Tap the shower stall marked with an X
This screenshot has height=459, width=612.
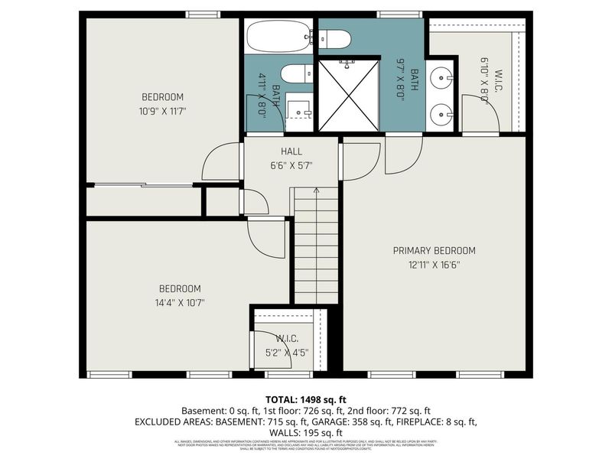coord(348,95)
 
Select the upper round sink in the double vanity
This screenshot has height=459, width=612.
coord(441,78)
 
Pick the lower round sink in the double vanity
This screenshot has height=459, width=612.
coord(441,115)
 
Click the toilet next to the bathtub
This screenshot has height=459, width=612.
coord(335,37)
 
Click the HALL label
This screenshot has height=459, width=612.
coord(291,151)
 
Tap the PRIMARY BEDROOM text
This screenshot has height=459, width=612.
coord(434,250)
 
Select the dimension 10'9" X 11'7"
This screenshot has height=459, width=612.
coord(163,111)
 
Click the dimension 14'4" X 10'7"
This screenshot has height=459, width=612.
coord(180,302)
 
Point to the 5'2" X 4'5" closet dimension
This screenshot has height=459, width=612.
coord(287,353)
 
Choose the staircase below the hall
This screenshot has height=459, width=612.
coord(316,246)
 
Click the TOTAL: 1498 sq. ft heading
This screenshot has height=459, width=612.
coord(306,399)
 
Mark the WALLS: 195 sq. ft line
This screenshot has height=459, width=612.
coord(306,432)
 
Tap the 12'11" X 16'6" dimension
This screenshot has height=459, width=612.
coord(434,265)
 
